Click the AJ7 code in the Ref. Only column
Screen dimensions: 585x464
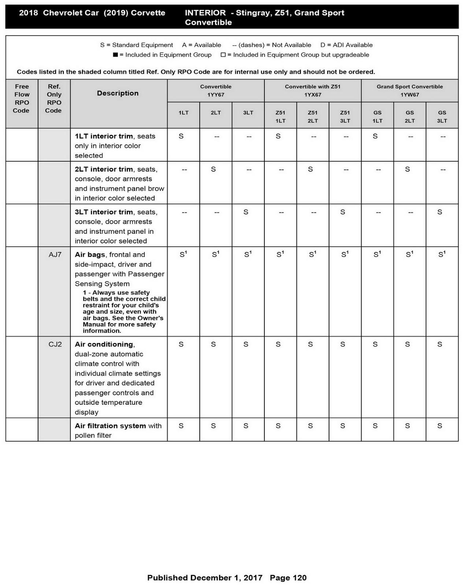pos(55,255)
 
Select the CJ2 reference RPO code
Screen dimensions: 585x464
pos(55,344)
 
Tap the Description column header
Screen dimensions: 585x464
pos(118,93)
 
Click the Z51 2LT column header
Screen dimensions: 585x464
pos(312,117)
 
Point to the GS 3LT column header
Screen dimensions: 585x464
pos(442,117)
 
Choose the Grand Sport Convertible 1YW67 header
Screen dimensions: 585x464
pos(409,91)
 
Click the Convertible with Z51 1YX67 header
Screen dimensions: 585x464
pos(312,91)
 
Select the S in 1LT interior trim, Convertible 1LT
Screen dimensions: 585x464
pos(181,136)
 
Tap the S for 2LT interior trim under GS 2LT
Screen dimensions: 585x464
pos(407,169)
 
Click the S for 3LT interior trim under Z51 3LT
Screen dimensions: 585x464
pos(342,212)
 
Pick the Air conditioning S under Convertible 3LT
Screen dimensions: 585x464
pos(246,344)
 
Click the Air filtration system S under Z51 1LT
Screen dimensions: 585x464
pos(278,426)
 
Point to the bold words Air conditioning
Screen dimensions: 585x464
pos(104,344)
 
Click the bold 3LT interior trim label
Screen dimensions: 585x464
pos(104,212)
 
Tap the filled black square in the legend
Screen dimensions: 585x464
pos(115,55)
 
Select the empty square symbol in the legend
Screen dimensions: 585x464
pos(223,55)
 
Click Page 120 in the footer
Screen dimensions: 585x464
pos(288,578)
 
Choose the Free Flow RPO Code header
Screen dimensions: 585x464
pos(22,98)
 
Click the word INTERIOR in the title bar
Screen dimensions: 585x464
pos(205,13)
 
